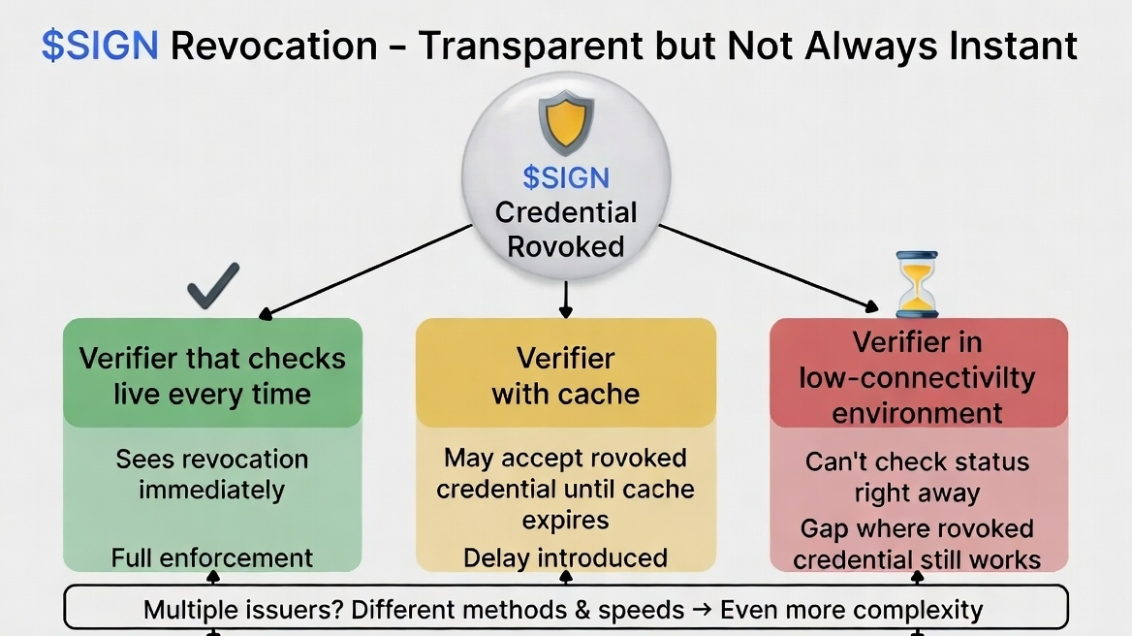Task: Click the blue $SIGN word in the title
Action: pos(99,46)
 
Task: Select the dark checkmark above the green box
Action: pos(213,286)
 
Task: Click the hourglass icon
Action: pos(916,284)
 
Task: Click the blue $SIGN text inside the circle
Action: pos(566,178)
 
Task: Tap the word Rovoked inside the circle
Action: pos(566,246)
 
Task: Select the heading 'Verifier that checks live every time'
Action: pos(212,376)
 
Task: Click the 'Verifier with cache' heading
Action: pos(566,376)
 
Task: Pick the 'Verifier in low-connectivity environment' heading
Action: pos(917,377)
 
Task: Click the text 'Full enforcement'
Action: pos(212,558)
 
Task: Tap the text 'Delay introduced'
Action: pos(566,558)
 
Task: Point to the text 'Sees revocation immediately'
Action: pos(212,474)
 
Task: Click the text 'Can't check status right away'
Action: pos(917,478)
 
